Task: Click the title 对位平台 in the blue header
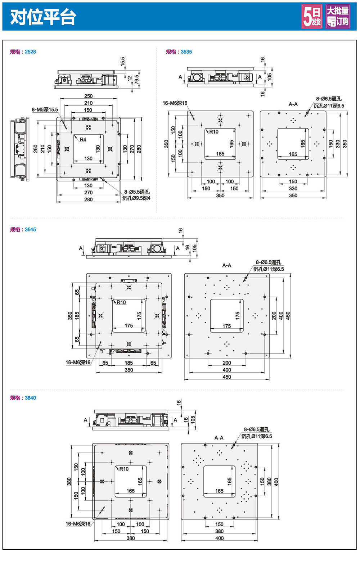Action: click(x=43, y=17)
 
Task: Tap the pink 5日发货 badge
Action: click(x=311, y=17)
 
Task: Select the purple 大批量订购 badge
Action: click(x=338, y=17)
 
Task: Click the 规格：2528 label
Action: click(x=23, y=52)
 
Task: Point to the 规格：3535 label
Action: click(x=179, y=52)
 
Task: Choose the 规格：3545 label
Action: click(x=23, y=230)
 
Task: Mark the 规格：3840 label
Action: click(x=23, y=398)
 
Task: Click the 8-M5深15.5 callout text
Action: click(x=45, y=110)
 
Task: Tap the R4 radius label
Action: click(x=83, y=140)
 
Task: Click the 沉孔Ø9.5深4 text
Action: click(x=136, y=198)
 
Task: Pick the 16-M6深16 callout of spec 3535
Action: click(x=175, y=103)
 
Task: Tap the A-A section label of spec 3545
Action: click(x=227, y=265)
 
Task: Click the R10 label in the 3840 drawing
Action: click(x=124, y=469)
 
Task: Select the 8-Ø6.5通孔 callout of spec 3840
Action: click(x=256, y=429)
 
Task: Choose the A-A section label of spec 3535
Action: click(x=293, y=104)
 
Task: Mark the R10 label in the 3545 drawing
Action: click(x=121, y=302)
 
